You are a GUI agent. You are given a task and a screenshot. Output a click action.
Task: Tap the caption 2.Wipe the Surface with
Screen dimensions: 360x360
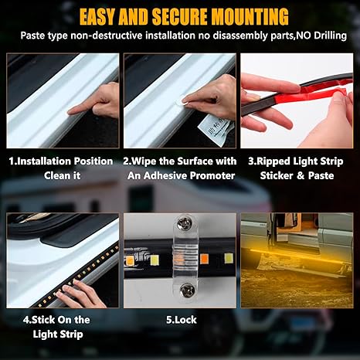click(180, 161)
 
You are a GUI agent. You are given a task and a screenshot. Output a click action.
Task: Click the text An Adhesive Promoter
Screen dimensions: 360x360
click(180, 175)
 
